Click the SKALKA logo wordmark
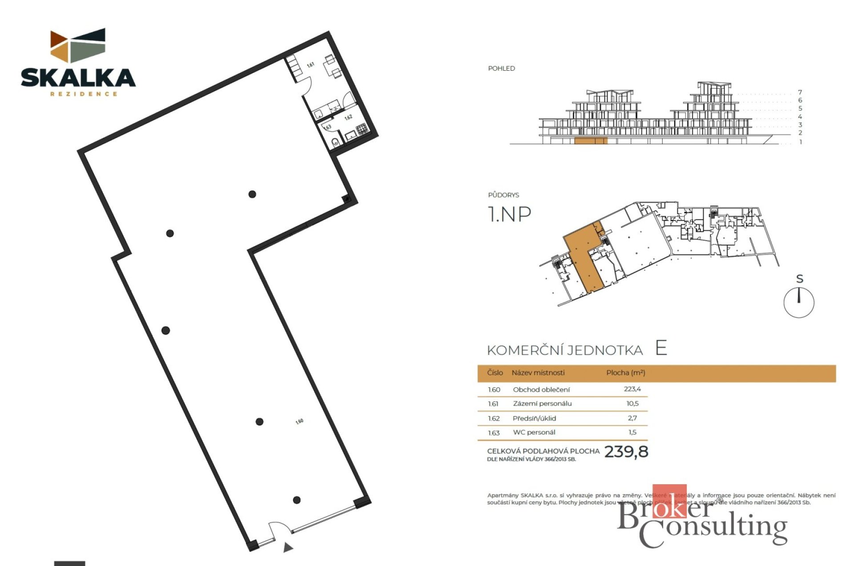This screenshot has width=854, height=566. (78, 78)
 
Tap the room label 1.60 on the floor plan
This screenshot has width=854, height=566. (299, 421)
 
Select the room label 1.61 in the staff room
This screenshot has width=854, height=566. (310, 65)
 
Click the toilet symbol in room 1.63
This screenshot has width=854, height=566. (335, 142)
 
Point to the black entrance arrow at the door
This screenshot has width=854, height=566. (288, 547)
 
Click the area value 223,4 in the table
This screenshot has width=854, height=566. (632, 389)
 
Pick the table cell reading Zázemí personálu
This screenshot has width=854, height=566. (542, 404)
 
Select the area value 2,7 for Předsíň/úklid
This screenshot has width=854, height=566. (632, 418)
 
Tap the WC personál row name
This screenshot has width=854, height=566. (534, 432)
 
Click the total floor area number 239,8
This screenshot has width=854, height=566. (626, 452)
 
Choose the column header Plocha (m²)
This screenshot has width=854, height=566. (625, 373)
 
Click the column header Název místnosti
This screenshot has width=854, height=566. (538, 373)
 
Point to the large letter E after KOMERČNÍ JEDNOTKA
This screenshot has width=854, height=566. (661, 348)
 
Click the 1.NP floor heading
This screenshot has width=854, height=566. (509, 214)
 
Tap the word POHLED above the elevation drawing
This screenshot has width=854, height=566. (501, 68)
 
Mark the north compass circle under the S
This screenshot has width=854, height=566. (798, 303)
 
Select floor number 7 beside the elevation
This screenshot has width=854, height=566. (800, 92)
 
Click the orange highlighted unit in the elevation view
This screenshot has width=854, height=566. (590, 141)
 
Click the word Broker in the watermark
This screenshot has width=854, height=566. (665, 516)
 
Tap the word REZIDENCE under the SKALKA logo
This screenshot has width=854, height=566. (84, 94)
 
